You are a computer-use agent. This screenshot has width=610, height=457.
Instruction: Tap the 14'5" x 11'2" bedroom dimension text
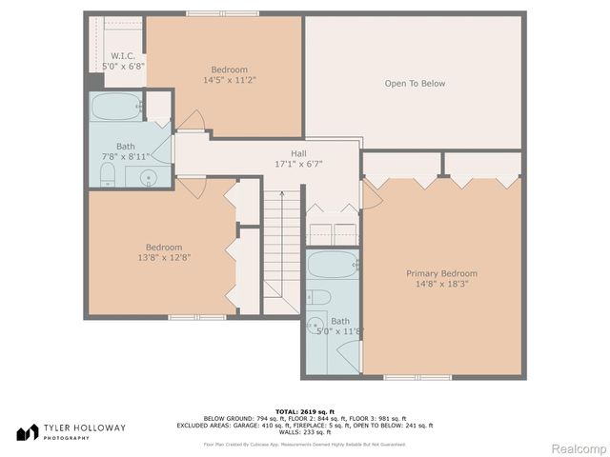point(230,80)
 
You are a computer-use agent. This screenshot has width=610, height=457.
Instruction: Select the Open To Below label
point(415,84)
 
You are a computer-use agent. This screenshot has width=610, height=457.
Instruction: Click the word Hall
point(298,152)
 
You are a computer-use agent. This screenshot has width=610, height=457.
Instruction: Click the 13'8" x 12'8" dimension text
point(163,257)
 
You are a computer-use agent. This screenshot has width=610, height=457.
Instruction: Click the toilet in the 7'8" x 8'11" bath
point(107,173)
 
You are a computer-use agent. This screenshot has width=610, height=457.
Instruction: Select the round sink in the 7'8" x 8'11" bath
point(147,177)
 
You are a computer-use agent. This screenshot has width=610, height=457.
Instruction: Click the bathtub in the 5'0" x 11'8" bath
point(331,265)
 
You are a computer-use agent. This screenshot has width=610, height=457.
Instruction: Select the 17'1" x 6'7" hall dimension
point(298,164)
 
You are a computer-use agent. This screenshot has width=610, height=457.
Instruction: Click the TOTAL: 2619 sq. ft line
point(305,410)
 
